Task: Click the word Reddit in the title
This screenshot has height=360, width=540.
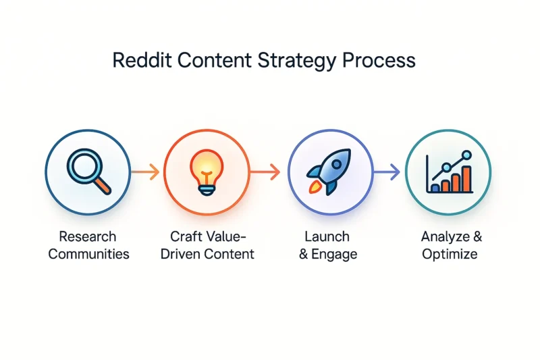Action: [x=142, y=60]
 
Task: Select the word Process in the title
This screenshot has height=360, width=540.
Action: [x=379, y=61]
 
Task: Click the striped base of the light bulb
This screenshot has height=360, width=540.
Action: [x=207, y=190]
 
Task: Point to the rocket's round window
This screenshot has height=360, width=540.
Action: [x=335, y=165]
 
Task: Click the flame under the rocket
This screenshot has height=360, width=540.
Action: [x=315, y=187]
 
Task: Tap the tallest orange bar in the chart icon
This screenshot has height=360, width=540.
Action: [x=466, y=179]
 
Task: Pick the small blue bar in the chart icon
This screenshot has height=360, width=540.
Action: [x=435, y=188]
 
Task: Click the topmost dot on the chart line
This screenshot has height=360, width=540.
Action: [x=466, y=155]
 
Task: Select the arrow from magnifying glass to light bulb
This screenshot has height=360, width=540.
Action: [x=145, y=172]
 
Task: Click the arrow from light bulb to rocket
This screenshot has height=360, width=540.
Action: [x=265, y=172]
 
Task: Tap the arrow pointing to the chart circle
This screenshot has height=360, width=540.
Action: [x=386, y=172]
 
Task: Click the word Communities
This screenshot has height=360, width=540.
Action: [x=89, y=254]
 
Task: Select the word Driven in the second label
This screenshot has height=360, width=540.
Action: [x=180, y=254]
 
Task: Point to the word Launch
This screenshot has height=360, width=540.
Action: [x=327, y=236]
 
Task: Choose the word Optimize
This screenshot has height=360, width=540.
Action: [x=450, y=255]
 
